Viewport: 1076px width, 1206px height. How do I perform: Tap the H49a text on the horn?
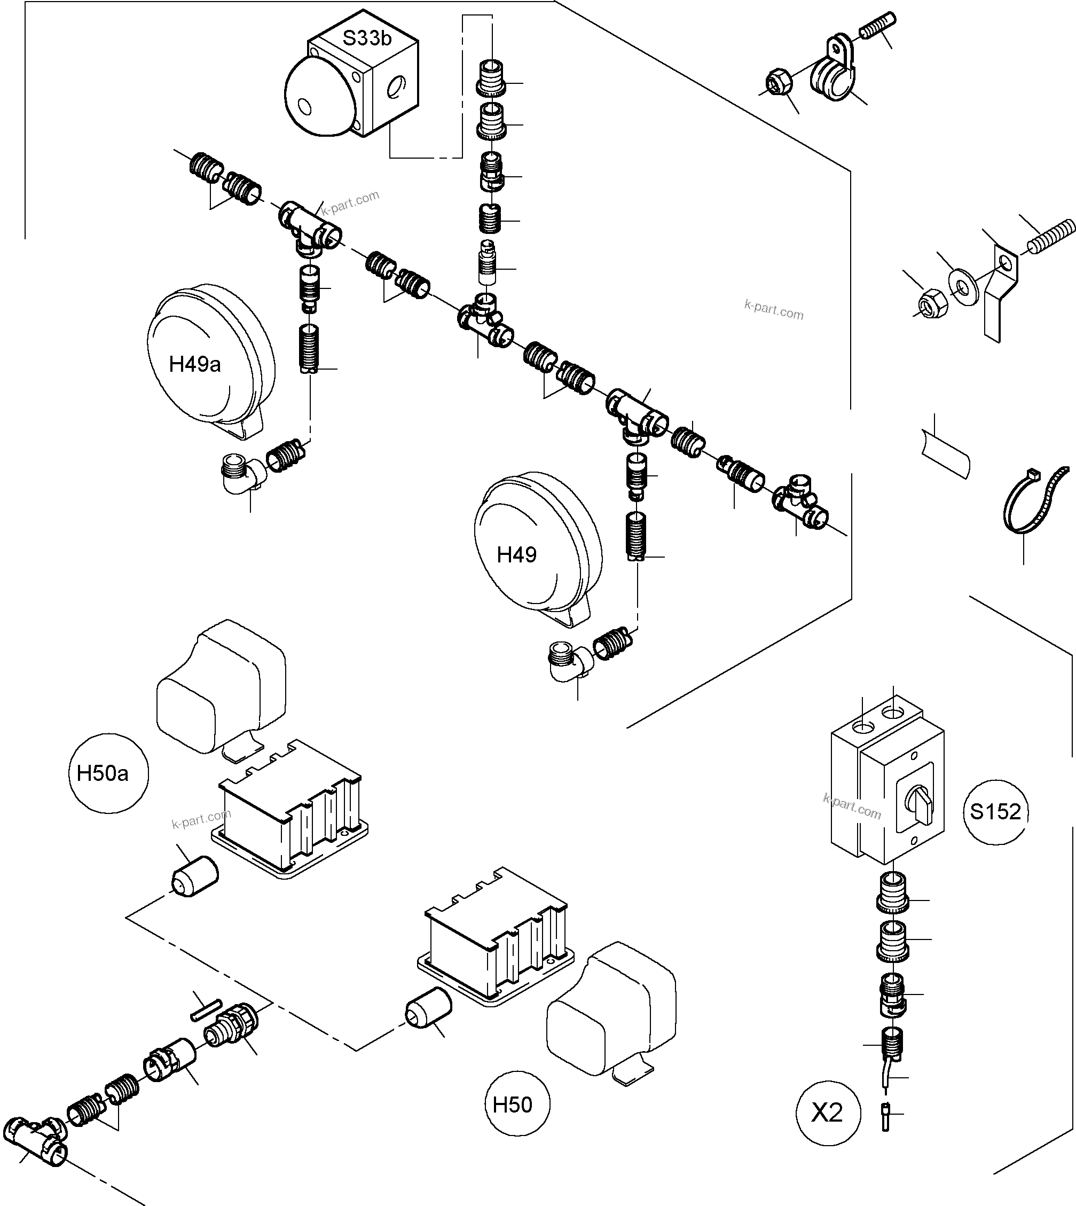(x=194, y=364)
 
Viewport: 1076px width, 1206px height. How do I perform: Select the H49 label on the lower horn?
(x=517, y=554)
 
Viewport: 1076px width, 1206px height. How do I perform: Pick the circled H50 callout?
(x=512, y=1105)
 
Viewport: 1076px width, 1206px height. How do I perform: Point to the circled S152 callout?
(x=995, y=811)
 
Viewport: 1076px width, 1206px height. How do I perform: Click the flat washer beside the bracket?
(x=964, y=288)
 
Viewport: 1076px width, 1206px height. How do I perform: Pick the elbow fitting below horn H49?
(x=568, y=661)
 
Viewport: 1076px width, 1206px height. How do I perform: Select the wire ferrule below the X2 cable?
(x=885, y=1117)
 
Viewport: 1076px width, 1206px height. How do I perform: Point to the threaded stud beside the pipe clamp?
(x=877, y=27)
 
